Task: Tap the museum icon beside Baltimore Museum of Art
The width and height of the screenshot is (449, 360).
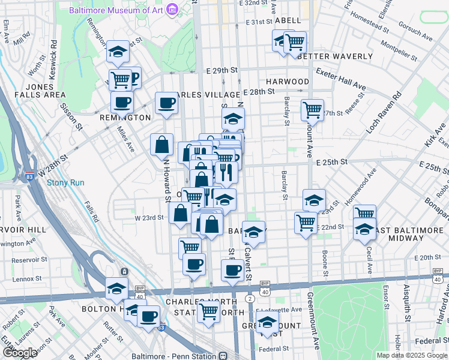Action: click(x=172, y=10)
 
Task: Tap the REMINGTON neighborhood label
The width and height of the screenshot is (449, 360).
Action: click(x=126, y=118)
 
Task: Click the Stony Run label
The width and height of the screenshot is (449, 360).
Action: click(x=65, y=182)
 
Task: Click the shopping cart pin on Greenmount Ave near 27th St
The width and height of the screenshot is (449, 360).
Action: click(x=312, y=110)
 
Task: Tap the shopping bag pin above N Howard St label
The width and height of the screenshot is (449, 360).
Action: click(x=161, y=144)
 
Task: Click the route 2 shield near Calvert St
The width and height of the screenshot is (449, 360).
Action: click(x=249, y=298)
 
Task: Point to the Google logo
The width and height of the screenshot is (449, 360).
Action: click(x=20, y=352)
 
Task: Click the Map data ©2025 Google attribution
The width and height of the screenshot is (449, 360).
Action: click(x=411, y=355)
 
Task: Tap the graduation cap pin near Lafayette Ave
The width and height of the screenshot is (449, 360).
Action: click(x=267, y=321)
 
